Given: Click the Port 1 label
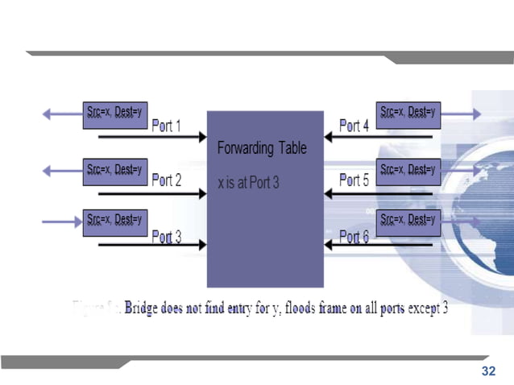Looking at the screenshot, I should (x=167, y=126).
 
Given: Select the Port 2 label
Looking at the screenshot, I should (x=167, y=180).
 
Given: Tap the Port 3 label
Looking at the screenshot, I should (x=167, y=237).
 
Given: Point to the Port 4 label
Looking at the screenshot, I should (x=354, y=126).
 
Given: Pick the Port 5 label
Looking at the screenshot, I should (x=354, y=180).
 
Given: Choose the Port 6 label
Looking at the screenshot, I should (x=354, y=237).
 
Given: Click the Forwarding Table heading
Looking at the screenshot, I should (x=262, y=149).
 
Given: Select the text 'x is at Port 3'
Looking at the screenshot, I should (x=248, y=184).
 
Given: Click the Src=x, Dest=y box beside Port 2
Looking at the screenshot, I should (x=115, y=172).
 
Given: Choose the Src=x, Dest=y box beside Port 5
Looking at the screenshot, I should (x=408, y=172).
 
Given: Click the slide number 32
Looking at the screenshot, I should (x=488, y=371).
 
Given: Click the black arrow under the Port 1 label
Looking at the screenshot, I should (x=152, y=137).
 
